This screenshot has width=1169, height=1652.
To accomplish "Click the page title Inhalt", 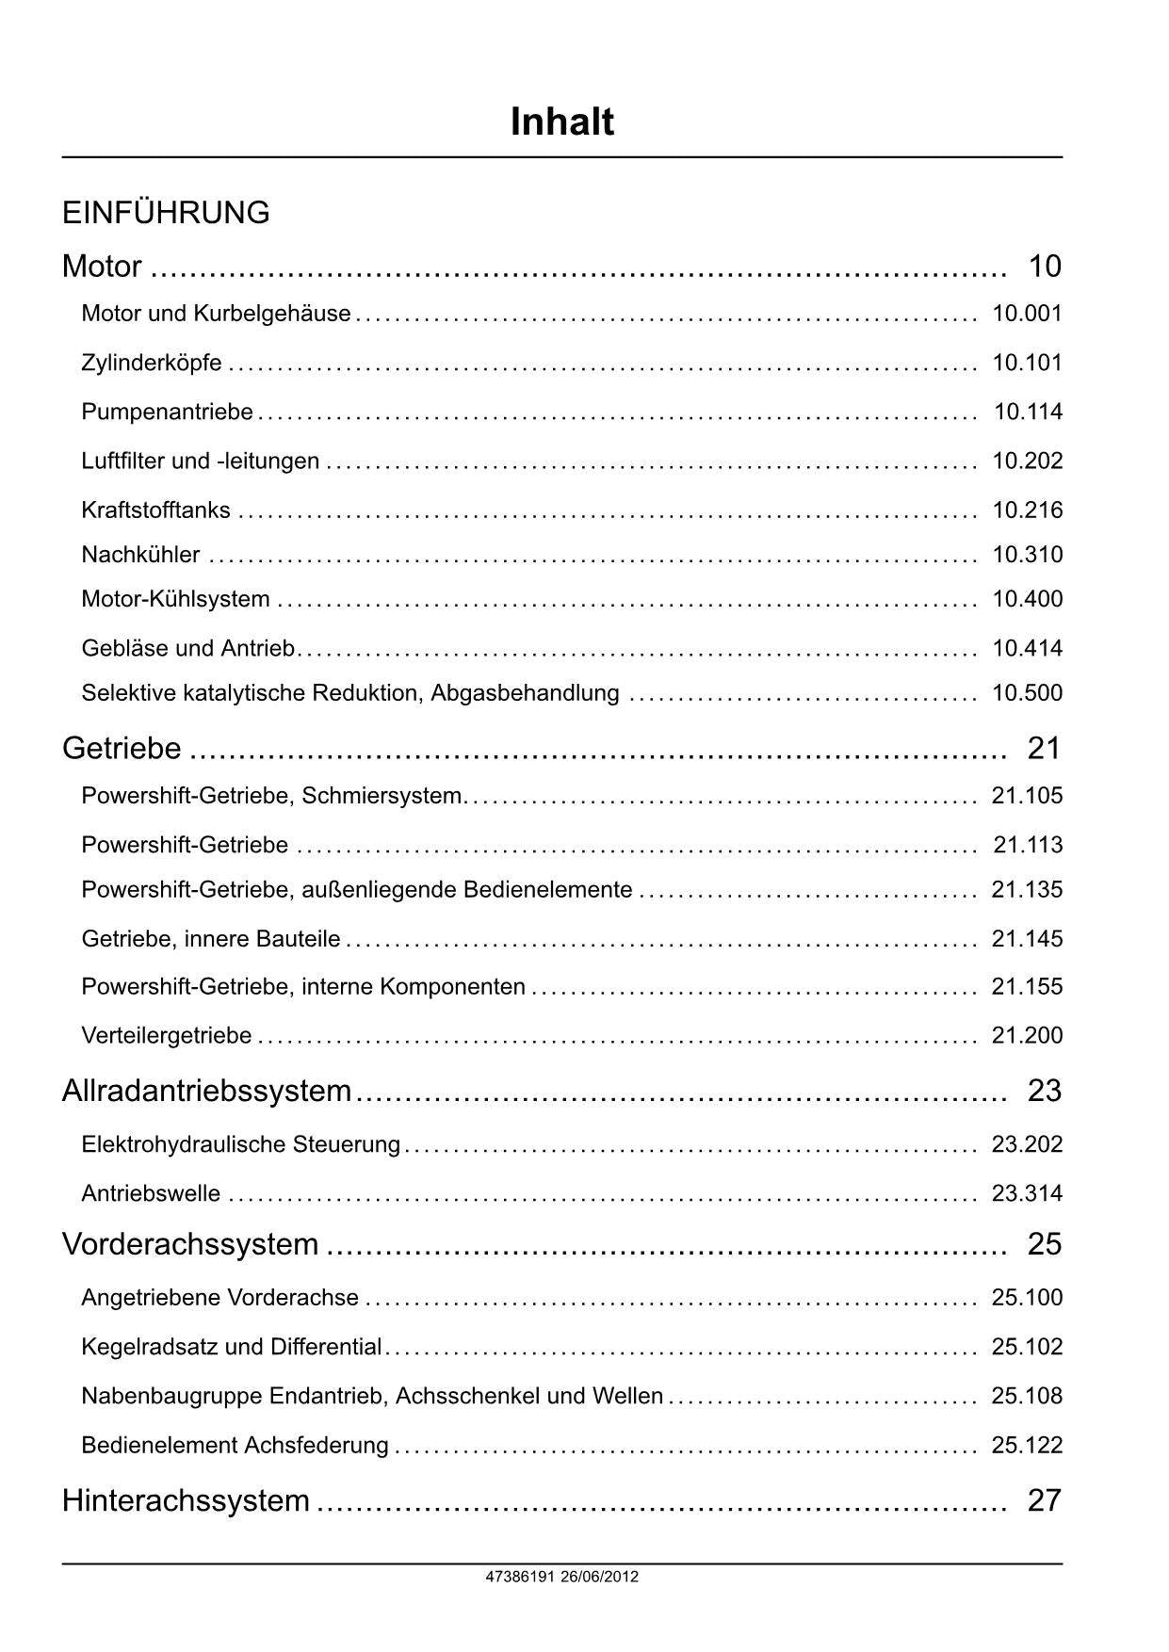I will click(561, 122).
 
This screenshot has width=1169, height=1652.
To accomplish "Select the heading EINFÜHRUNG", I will click(166, 213).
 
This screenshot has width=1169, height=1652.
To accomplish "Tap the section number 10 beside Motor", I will click(1045, 267).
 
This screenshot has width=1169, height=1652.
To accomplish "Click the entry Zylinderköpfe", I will click(152, 363).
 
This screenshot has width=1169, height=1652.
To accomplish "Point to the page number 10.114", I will click(1028, 412).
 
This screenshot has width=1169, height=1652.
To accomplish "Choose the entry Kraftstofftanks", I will click(155, 510).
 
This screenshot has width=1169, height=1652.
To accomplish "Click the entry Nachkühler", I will click(140, 555).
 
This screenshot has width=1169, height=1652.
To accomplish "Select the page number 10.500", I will click(1027, 693).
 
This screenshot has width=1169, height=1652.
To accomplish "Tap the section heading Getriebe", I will click(122, 748).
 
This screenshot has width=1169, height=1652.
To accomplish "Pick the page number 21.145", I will click(1027, 939).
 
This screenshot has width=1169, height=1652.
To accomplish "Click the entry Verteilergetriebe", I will click(167, 1036).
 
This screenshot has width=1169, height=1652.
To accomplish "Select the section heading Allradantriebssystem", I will click(206, 1091).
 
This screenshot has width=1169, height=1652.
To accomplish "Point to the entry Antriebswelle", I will click(151, 1193).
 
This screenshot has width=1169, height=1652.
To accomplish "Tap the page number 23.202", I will click(1027, 1144).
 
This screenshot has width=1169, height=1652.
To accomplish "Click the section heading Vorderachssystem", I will click(190, 1244).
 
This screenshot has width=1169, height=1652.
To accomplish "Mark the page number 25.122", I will click(1027, 1445).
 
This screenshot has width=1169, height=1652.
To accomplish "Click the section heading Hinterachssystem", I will click(186, 1500).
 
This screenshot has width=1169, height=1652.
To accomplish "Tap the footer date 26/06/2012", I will click(599, 1577).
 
